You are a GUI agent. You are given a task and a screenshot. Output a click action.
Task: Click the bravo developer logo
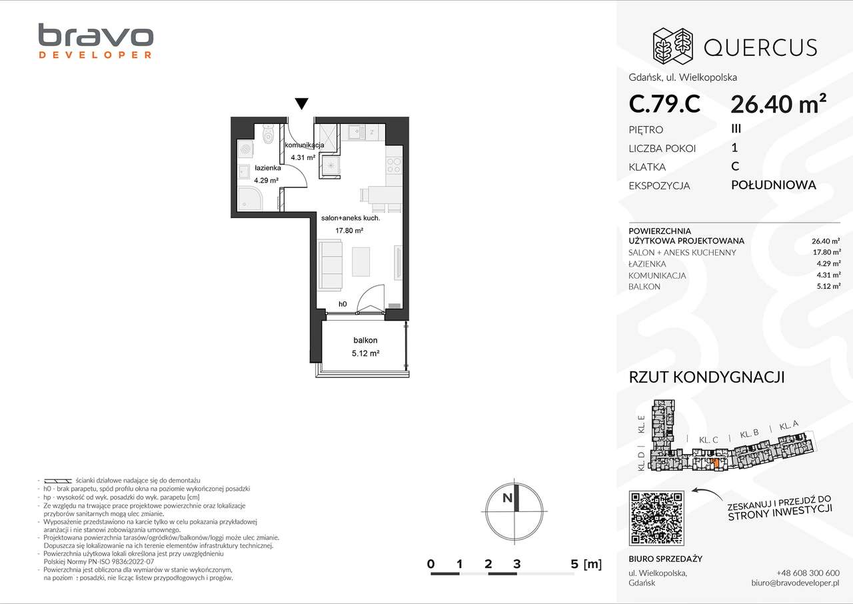[95, 41]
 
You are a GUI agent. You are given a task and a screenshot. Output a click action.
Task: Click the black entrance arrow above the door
[301, 103]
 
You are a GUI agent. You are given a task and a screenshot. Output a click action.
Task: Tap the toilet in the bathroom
[267, 135]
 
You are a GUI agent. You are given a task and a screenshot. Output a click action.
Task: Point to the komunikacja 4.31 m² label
[304, 151]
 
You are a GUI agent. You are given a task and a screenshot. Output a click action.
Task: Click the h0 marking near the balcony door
[343, 304]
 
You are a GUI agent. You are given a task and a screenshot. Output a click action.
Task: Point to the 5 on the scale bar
[574, 564]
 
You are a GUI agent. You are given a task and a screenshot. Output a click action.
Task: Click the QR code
[656, 517]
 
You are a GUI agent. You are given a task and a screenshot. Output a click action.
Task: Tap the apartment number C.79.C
[664, 104]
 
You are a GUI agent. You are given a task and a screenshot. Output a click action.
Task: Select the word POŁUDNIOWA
[773, 185]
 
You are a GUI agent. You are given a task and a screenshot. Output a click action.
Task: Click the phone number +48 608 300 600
[808, 573]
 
